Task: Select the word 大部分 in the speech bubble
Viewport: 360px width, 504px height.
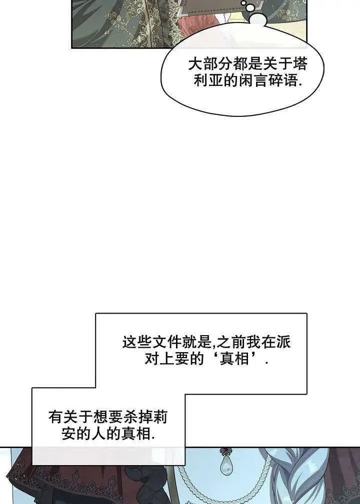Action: coord(210,64)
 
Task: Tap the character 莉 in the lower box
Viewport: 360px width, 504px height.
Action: coord(160,418)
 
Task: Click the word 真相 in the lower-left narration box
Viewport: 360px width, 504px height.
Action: coord(136,434)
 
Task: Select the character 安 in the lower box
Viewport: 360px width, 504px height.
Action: coord(68,434)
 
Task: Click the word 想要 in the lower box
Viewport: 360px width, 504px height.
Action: coord(107,418)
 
